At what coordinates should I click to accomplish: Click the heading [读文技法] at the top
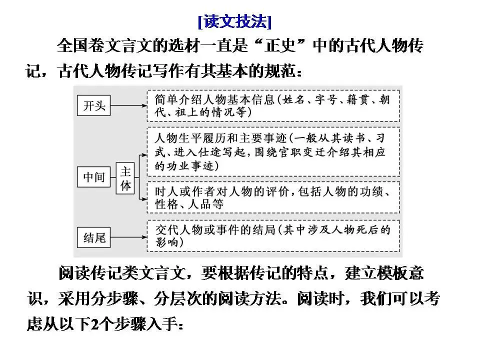coord(234,22)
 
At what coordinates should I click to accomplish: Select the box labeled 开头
coord(93,105)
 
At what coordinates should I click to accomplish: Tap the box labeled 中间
coord(93,176)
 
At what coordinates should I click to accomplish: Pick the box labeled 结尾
coord(93,236)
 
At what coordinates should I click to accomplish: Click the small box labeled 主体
coord(126,178)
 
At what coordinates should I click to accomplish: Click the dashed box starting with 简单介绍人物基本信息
coord(273,105)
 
